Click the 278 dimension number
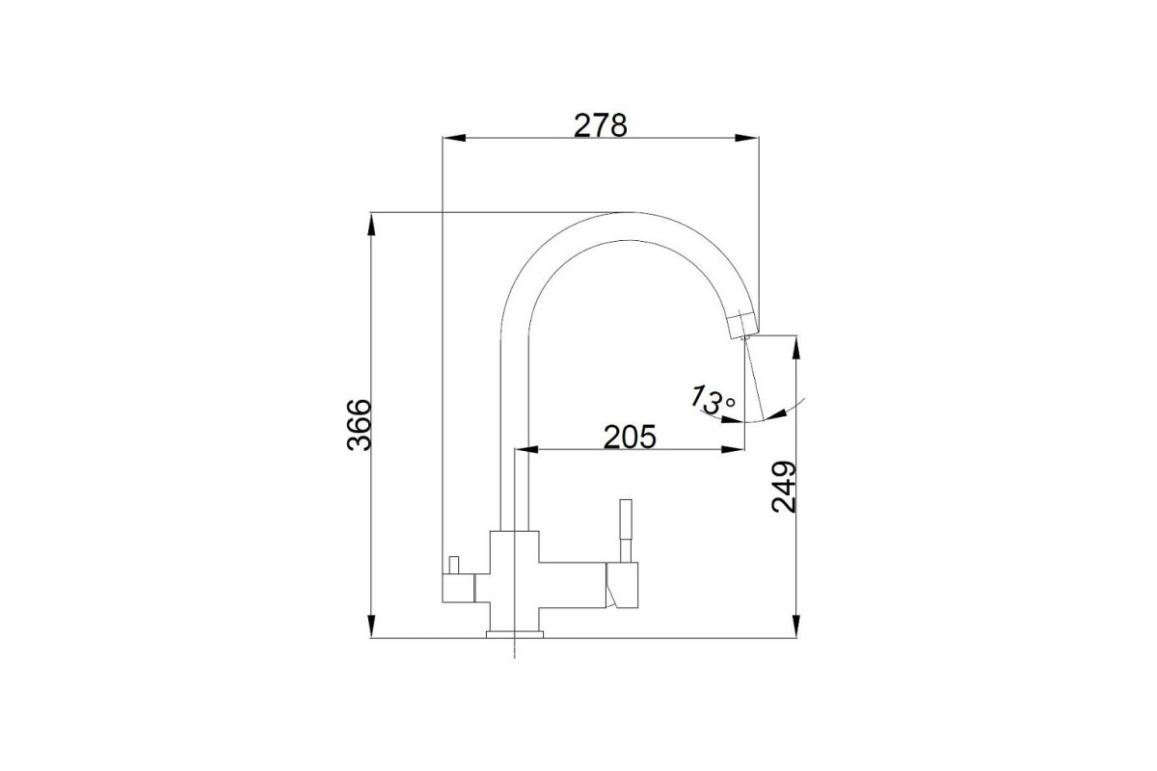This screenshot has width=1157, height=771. tap(600, 125)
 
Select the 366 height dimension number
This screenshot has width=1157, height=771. tap(360, 425)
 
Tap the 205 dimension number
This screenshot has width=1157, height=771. tap(630, 437)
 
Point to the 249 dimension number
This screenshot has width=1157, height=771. tap(784, 487)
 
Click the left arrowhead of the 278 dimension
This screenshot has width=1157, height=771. tap(454, 138)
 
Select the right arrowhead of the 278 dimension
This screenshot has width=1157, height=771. tap(747, 138)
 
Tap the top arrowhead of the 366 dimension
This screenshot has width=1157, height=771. tap(371, 225)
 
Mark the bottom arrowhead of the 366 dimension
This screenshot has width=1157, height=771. tap(371, 626)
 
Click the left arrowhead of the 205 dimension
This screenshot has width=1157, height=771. tap(526, 450)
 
